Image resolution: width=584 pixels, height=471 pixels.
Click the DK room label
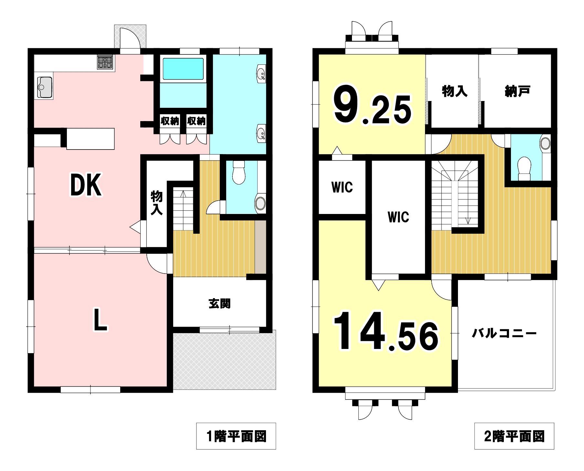tap(86, 185)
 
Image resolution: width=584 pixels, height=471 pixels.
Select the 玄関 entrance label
tap(219, 304)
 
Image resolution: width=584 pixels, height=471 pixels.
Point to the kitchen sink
tap(45, 87)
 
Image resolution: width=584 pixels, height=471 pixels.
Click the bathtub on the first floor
tap(183, 69)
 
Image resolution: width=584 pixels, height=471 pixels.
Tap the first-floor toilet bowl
tap(239, 173)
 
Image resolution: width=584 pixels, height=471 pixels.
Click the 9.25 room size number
tap(373, 105)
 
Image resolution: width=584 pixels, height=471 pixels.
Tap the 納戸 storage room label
tap(517, 91)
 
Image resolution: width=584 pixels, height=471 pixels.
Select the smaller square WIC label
tap(342, 187)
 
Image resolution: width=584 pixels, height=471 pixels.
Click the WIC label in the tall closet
tap(398, 217)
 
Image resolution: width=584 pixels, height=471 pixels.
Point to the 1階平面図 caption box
tap(236, 436)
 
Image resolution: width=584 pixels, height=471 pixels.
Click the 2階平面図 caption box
tap(514, 436)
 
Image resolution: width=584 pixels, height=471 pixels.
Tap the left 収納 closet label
tap(170, 121)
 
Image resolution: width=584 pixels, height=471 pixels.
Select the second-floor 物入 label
tap(454, 91)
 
